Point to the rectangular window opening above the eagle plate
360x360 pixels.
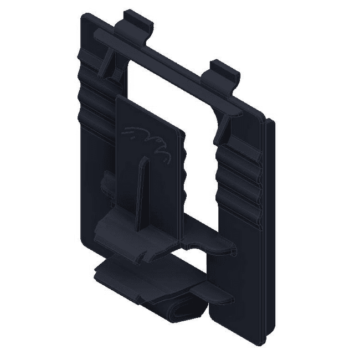(x=166, y=94)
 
